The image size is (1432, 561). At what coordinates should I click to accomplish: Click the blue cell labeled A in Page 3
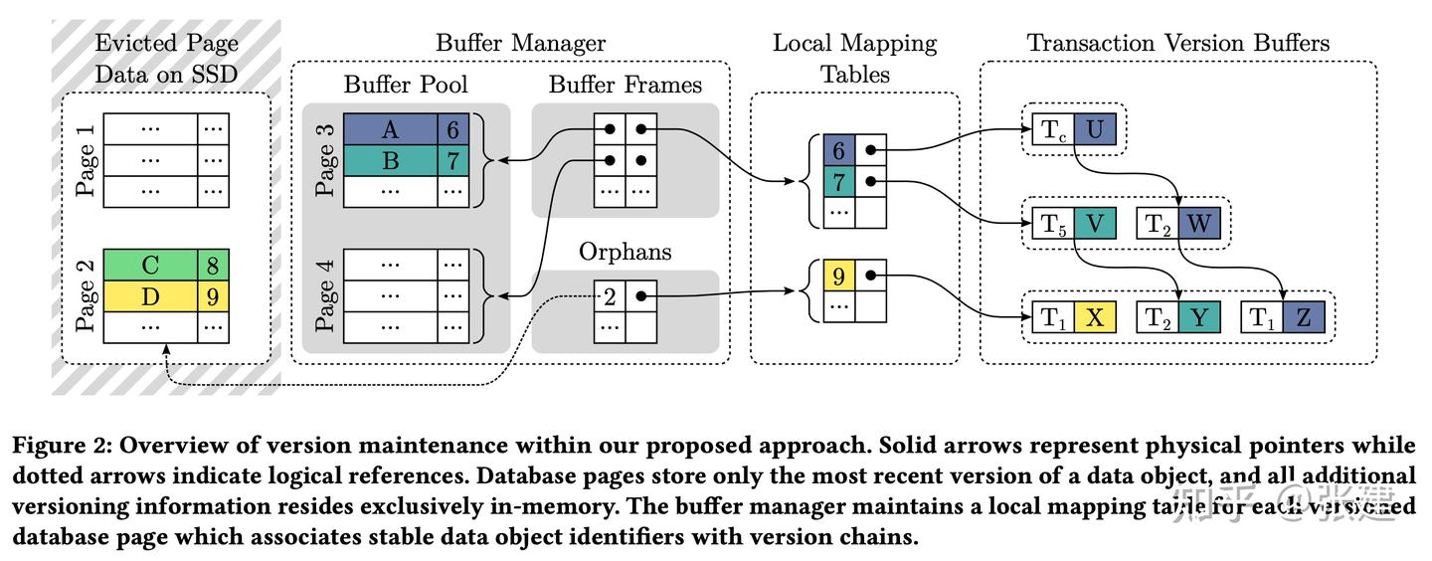390,129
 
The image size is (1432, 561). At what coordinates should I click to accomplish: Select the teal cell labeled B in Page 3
390,160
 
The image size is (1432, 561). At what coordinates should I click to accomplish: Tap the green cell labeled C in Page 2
151,265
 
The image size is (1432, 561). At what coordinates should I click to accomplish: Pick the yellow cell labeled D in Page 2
151,295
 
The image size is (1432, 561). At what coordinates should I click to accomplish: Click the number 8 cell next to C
214,265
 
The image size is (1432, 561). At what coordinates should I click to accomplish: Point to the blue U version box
1095,129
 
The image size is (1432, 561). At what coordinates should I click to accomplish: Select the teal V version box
1095,224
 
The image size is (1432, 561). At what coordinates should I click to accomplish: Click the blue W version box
1198,224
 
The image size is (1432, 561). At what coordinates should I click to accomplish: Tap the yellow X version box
1095,318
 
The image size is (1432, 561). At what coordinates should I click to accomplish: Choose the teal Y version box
1198,318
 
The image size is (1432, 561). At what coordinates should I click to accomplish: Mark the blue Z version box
1303,318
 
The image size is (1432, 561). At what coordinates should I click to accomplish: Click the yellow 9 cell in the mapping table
839,276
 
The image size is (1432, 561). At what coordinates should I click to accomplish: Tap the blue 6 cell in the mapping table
839,150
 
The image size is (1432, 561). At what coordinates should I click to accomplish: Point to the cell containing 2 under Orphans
610,295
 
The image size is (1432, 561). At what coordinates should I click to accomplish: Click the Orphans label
625,252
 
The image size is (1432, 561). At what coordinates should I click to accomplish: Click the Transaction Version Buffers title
1177,43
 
